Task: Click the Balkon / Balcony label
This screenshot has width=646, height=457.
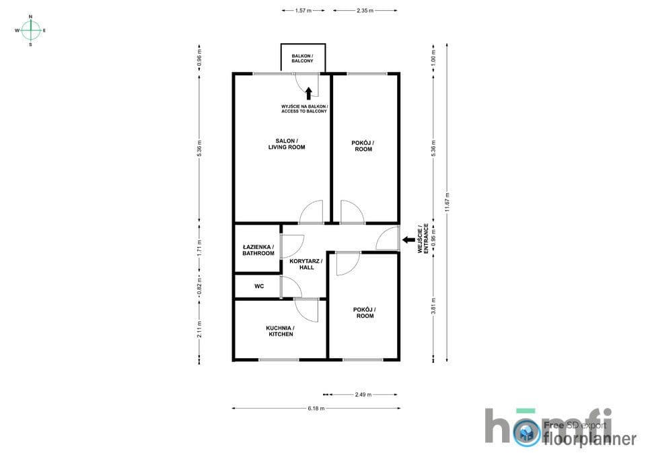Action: [302, 59]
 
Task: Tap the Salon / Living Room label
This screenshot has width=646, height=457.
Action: [287, 144]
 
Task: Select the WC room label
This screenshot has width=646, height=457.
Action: [259, 286]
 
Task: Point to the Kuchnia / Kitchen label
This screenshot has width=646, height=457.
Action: [281, 331]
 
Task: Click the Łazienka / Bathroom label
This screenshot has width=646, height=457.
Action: [258, 250]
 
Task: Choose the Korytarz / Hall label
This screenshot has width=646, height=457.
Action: [306, 264]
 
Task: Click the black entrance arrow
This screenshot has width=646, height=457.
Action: [408, 240]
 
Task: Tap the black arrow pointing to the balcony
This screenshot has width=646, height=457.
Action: [309, 94]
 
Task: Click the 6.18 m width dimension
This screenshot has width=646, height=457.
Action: [316, 409]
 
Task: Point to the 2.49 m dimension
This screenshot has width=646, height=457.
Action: [363, 394]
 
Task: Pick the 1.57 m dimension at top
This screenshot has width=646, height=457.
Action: [303, 11]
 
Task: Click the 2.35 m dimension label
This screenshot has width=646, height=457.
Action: [365, 11]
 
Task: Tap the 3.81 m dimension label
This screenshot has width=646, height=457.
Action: [433, 306]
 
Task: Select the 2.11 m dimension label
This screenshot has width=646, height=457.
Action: [199, 329]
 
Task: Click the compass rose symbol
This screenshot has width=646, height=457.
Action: [31, 30]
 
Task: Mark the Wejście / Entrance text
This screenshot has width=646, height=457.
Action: [423, 238]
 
